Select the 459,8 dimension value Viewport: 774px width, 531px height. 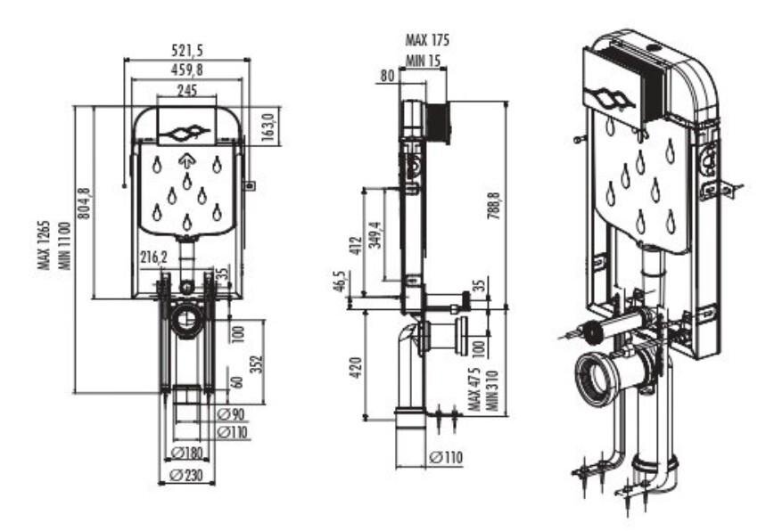[186, 69]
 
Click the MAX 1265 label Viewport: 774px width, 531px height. [44, 250]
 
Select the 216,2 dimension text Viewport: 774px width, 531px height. [153, 257]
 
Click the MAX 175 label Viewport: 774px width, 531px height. [427, 40]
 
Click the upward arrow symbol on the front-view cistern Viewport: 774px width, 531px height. [186, 161]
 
